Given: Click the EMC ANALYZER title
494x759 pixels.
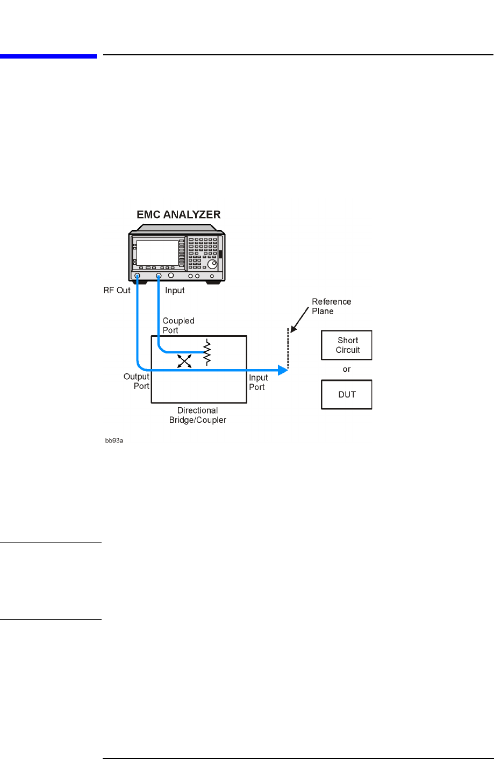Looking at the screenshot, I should (x=178, y=214).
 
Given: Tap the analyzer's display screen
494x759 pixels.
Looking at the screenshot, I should (x=157, y=252).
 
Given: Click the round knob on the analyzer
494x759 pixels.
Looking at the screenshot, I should (x=213, y=265).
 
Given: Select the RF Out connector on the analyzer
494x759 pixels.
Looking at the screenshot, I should (x=138, y=276).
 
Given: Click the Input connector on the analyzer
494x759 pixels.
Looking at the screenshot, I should (x=159, y=276).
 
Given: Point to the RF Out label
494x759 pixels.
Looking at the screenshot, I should (x=117, y=291).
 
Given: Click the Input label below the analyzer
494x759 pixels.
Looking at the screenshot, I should (x=175, y=291).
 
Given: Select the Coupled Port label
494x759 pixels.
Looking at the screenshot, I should (x=178, y=326).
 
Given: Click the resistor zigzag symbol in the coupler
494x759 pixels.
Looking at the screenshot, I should (x=207, y=353).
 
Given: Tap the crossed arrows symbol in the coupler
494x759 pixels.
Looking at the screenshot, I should (x=184, y=362).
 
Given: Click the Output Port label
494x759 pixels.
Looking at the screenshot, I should (x=137, y=381).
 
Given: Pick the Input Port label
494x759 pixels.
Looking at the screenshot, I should (x=258, y=382).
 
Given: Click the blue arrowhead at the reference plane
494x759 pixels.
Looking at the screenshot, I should (x=283, y=370).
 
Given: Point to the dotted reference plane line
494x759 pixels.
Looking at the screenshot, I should (x=288, y=349).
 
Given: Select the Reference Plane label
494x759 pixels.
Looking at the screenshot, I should (x=331, y=306).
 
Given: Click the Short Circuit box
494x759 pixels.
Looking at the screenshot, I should (x=347, y=345).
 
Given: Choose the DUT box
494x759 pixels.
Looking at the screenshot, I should (x=347, y=395).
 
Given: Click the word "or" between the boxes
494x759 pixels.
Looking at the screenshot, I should (x=347, y=370).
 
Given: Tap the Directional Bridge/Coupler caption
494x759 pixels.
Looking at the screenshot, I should (x=198, y=415).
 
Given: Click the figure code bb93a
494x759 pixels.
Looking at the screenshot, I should (x=114, y=440).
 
